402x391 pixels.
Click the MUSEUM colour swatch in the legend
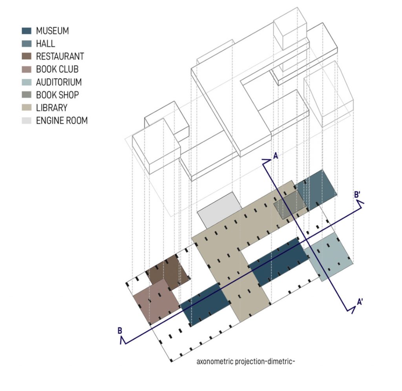pyautogui.click(x=27, y=31)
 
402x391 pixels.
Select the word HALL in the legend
pyautogui.click(x=46, y=44)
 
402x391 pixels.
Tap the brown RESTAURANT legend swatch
pyautogui.click(x=27, y=57)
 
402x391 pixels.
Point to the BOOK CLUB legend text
pyautogui.click(x=57, y=69)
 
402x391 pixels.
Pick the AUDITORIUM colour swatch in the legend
pyautogui.click(x=27, y=82)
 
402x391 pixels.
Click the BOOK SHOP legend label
pyautogui.click(x=57, y=95)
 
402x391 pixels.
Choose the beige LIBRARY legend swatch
pyautogui.click(x=27, y=108)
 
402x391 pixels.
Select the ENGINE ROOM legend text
pyautogui.click(x=62, y=121)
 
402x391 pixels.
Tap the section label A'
pyautogui.click(x=359, y=302)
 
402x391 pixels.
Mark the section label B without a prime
pyautogui.click(x=119, y=331)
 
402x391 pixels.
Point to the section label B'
pyautogui.click(x=358, y=194)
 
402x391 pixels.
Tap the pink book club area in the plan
pyautogui.click(x=155, y=300)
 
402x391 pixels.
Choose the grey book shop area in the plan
pyautogui.click(x=289, y=206)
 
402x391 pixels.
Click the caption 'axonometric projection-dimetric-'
pyautogui.click(x=245, y=361)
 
